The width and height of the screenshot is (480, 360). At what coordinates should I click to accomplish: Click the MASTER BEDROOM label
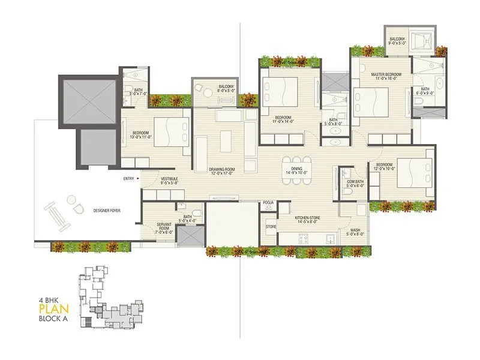(385, 74)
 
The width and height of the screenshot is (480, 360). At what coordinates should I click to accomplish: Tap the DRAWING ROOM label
(221, 170)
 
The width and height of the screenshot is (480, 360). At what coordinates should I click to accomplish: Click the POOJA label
(268, 203)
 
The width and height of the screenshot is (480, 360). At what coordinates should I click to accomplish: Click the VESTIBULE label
(169, 179)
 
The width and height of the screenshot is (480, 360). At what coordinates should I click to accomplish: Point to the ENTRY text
(128, 179)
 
